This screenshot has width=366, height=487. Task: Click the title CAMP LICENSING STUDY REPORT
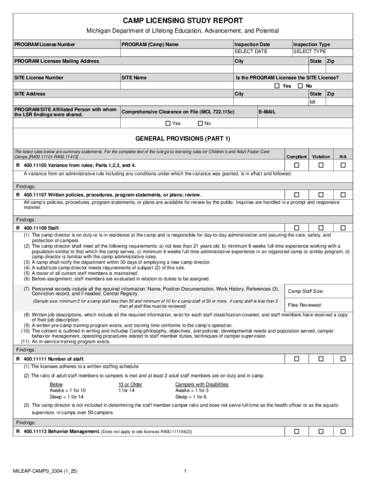[x=183, y=20]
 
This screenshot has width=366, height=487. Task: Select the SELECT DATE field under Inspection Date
[x=250, y=51]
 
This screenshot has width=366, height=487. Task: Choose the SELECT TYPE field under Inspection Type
[x=309, y=51]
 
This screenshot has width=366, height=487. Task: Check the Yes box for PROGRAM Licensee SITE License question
[x=277, y=86]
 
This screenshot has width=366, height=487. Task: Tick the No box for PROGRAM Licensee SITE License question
[x=300, y=86]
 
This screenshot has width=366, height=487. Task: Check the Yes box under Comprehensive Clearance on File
[x=168, y=124]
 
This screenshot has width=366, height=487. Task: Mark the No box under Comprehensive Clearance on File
[x=200, y=124]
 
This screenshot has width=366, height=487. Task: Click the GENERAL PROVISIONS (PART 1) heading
[x=183, y=139]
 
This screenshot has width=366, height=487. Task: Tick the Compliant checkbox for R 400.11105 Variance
[x=297, y=165]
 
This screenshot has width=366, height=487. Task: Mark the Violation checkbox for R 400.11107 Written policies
[x=321, y=195]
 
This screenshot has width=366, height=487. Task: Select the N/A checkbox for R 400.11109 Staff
[x=343, y=228]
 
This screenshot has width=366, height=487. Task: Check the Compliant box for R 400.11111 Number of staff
[x=297, y=359]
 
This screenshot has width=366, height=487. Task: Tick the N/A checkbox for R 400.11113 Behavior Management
[x=343, y=432]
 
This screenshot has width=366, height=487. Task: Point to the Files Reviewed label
[x=305, y=305]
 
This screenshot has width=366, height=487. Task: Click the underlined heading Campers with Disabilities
[x=202, y=384]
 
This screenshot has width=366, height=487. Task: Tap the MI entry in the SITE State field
[x=313, y=102]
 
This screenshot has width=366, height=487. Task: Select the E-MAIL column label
[x=267, y=112]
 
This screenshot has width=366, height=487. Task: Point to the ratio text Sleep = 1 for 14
[x=67, y=397]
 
